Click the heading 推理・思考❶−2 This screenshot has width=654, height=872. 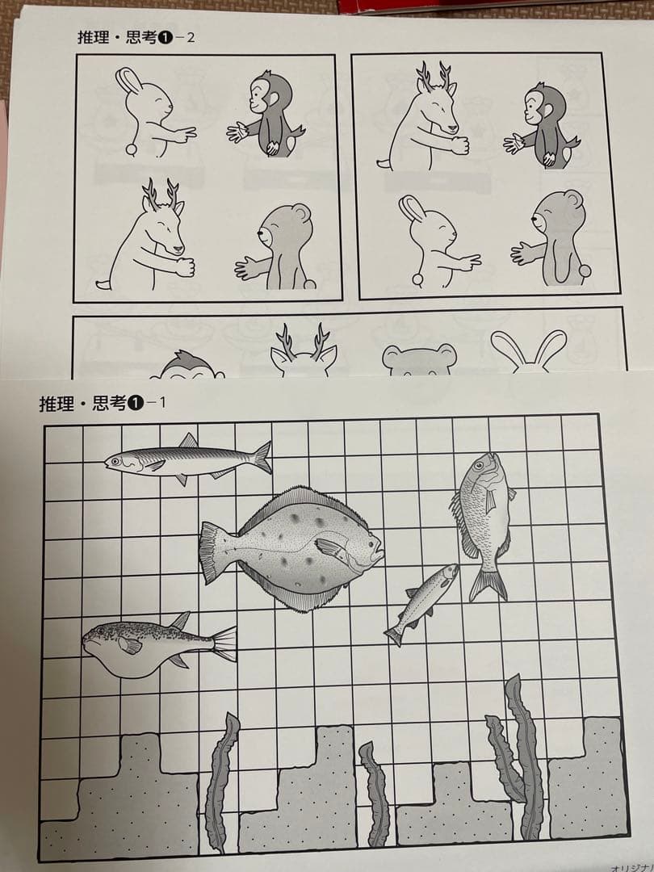(x=136, y=38)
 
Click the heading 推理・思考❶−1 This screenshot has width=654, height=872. (x=102, y=403)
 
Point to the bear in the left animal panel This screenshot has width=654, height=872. (x=279, y=246)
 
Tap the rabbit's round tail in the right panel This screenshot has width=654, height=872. (x=418, y=279)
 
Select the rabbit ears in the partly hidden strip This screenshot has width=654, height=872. (x=528, y=351)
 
